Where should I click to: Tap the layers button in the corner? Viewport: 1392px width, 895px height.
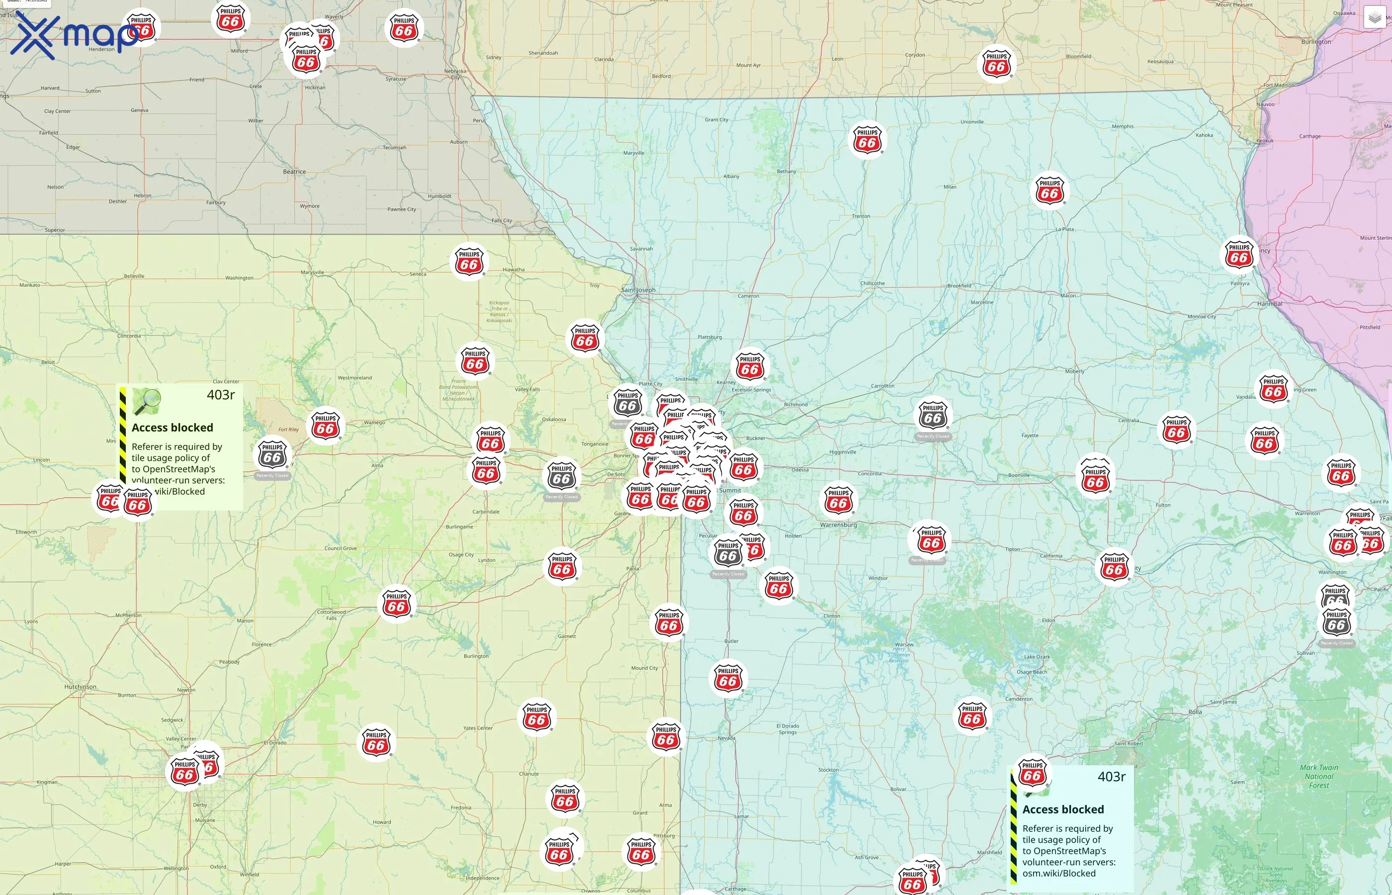click(1374, 17)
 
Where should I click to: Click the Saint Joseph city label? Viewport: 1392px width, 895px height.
click(638, 290)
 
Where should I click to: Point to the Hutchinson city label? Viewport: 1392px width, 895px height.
click(80, 687)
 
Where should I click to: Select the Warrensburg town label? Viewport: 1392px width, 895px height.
click(838, 525)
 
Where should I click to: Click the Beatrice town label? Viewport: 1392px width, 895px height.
click(294, 172)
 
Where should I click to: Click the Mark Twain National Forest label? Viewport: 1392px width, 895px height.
click(1319, 777)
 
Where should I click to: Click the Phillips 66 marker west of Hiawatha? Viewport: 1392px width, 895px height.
click(469, 262)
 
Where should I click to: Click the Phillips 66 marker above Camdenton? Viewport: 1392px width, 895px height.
click(972, 716)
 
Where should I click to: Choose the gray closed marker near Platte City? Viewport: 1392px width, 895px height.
click(627, 403)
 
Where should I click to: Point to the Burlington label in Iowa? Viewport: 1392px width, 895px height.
click(1316, 42)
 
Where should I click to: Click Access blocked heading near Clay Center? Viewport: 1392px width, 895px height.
click(172, 428)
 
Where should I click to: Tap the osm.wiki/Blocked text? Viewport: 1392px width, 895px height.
click(1058, 874)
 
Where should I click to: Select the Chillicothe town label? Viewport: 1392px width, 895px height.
click(872, 283)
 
